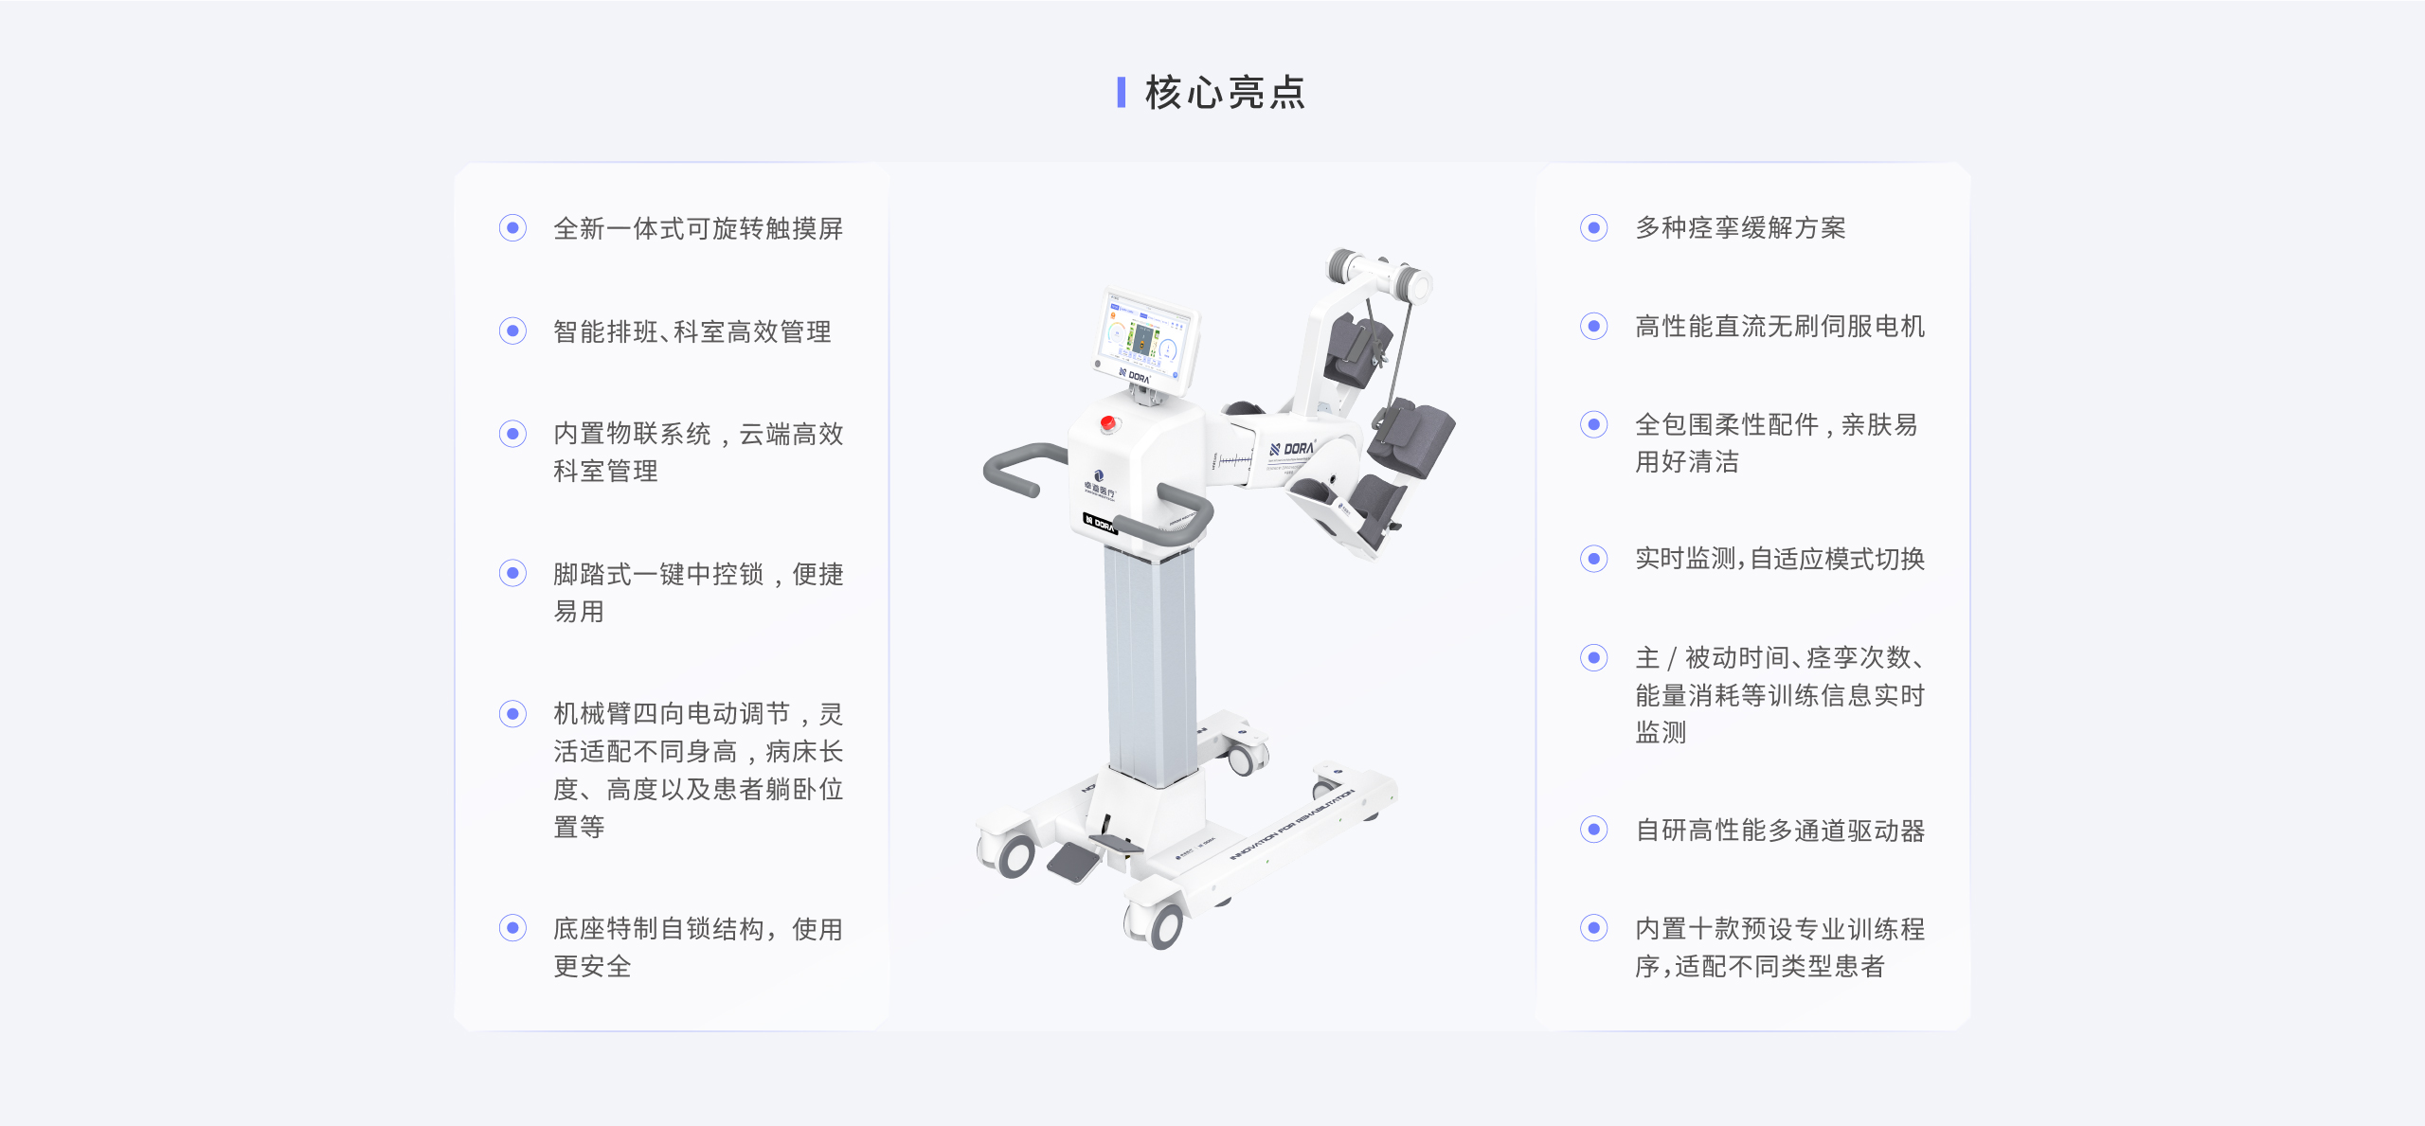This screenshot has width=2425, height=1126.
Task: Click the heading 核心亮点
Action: coord(1225,93)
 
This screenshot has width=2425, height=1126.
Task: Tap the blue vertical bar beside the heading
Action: coord(1122,93)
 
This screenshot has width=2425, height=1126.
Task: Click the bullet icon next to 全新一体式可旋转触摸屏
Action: coord(512,228)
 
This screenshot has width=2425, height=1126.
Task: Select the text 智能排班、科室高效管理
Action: coord(692,331)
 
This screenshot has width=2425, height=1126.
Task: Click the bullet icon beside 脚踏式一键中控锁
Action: coord(512,573)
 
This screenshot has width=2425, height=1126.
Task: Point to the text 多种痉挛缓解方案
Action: coord(1740,228)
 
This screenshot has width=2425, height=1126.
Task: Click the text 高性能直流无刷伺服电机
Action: coord(1779,327)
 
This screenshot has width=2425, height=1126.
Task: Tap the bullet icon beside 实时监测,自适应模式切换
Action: coord(1594,559)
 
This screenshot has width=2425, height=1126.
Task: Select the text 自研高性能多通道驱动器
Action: coord(1779,831)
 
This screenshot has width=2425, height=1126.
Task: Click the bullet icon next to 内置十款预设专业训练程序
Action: coord(1594,928)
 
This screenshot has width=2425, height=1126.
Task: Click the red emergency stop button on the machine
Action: coord(1107,423)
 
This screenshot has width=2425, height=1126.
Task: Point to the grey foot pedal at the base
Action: coord(1072,860)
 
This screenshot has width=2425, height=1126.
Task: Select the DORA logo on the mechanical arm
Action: coord(1293,449)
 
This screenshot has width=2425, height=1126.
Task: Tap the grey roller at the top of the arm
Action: coord(1343,265)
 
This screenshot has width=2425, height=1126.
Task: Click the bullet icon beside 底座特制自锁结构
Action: coord(512,928)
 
